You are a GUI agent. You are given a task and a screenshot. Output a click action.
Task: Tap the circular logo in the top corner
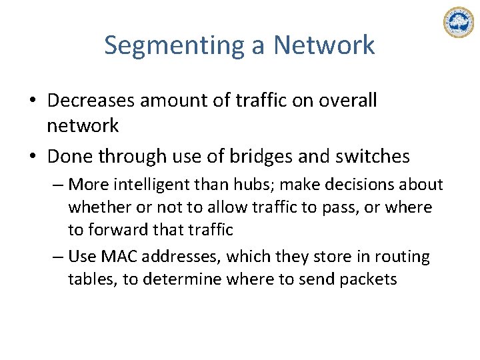(x=458, y=23)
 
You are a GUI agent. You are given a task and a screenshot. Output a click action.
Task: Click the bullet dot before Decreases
(x=33, y=101)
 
